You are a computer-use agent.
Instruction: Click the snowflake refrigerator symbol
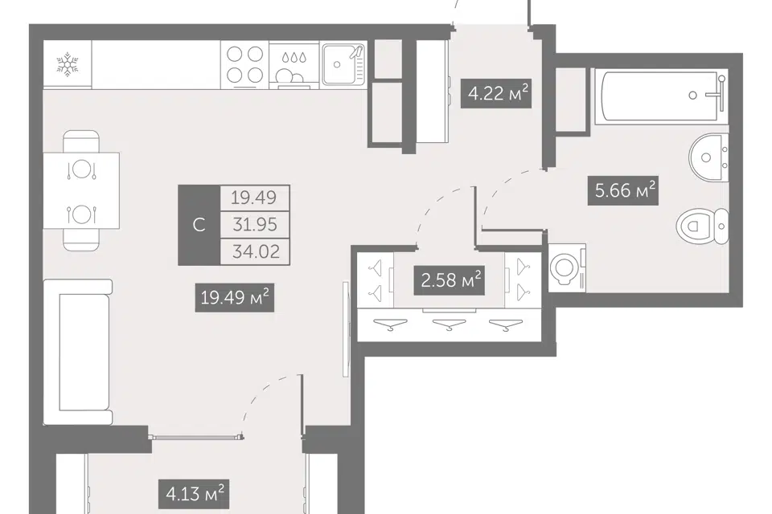(68, 65)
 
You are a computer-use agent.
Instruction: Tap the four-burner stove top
(244, 64)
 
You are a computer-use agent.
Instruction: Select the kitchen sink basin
(343, 64)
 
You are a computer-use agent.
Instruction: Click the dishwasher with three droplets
(294, 64)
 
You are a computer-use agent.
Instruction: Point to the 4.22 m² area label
(497, 93)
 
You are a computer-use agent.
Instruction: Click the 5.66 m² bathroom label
(623, 190)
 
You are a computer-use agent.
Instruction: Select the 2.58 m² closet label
(450, 280)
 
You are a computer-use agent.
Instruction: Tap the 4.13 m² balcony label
(195, 493)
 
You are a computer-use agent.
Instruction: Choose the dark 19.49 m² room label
(234, 298)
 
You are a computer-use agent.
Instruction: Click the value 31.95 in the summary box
(255, 225)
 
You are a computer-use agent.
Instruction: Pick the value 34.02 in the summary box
(255, 252)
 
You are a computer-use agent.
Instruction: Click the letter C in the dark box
(199, 225)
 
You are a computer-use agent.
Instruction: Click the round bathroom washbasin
(708, 157)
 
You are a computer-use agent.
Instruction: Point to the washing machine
(567, 267)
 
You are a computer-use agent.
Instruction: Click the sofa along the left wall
(78, 353)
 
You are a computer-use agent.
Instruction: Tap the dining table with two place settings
(82, 191)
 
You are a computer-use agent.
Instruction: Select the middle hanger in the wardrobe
(449, 324)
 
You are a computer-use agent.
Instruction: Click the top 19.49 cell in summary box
(255, 198)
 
